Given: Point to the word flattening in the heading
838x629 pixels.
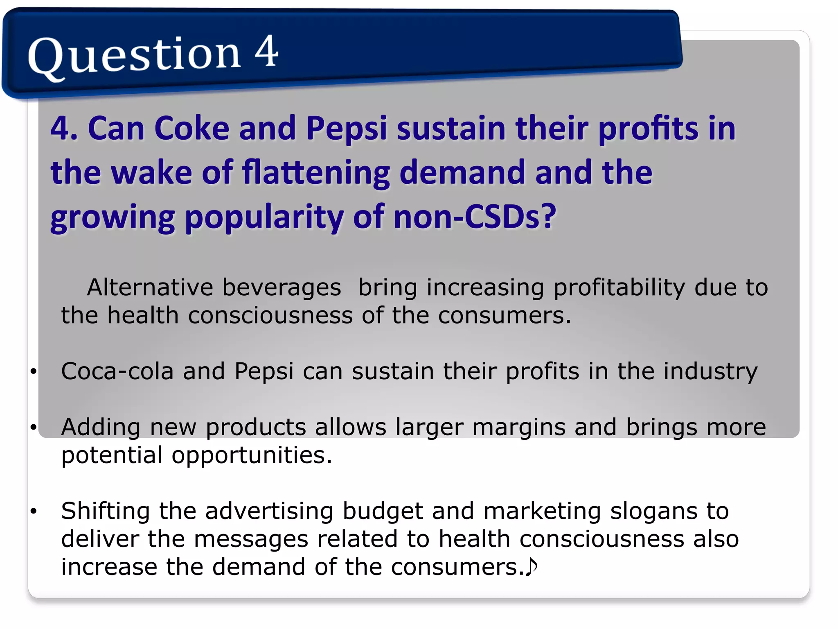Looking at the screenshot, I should [315, 173].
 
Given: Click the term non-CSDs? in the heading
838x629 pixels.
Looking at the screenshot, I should [475, 217].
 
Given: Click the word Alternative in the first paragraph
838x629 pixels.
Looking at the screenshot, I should [150, 287].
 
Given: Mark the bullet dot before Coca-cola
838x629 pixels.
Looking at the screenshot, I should [34, 371].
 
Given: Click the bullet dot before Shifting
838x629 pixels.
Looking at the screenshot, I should [34, 511].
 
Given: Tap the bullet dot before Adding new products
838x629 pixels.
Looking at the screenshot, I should [34, 427].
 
